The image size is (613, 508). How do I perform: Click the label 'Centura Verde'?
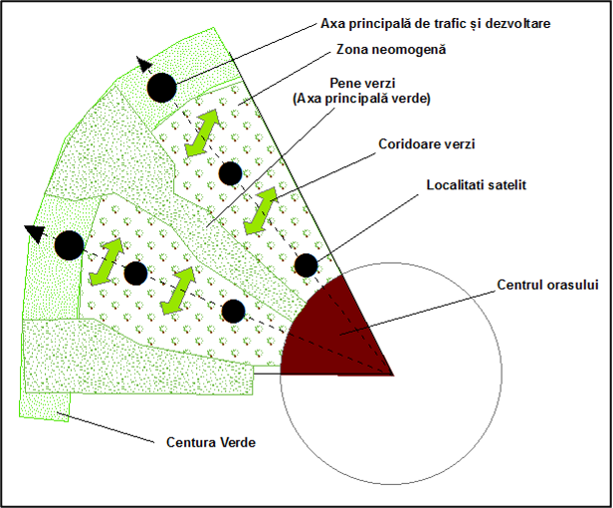click(x=211, y=442)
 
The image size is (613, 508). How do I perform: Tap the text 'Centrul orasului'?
click(x=547, y=285)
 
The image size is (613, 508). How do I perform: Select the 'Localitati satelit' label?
click(x=476, y=184)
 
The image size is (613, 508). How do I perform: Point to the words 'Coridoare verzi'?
click(x=427, y=144)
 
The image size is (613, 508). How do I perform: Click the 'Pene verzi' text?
click(x=362, y=83)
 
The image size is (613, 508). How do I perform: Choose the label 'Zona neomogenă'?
click(x=391, y=50)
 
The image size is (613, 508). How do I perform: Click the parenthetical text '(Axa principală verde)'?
click(x=361, y=99)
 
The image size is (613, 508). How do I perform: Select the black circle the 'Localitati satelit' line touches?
click(x=306, y=265)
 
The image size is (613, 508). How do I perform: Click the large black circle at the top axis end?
click(x=162, y=88)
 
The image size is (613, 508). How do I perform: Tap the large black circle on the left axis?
click(x=70, y=245)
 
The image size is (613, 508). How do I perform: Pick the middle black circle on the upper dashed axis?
click(x=230, y=173)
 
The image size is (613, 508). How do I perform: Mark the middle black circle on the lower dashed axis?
click(x=135, y=273)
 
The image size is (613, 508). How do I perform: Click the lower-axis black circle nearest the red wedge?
click(x=234, y=311)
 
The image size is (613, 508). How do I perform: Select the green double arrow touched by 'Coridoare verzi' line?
click(x=260, y=211)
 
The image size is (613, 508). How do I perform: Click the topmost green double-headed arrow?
click(x=202, y=133)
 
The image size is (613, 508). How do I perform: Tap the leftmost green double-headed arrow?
click(x=106, y=261)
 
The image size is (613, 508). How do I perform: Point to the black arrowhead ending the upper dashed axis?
click(x=144, y=64)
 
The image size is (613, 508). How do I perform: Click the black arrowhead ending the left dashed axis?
click(x=33, y=233)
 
